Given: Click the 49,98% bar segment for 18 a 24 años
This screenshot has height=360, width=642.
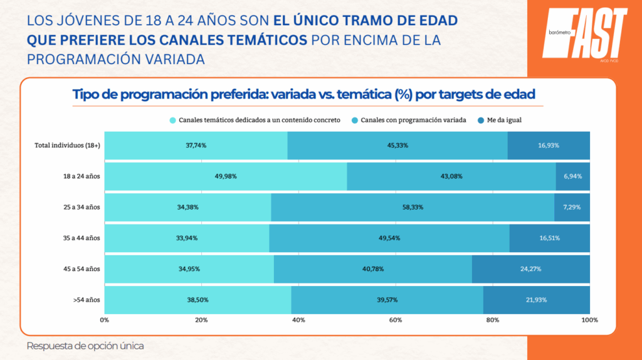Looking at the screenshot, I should (x=226, y=176).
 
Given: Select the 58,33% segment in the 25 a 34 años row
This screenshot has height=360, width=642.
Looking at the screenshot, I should (x=413, y=207).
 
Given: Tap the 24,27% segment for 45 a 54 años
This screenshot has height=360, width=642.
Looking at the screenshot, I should (x=530, y=268).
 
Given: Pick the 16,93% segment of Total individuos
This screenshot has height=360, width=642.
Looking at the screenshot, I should (x=549, y=146).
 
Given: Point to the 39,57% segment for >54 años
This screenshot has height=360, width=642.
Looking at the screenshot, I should (x=387, y=300).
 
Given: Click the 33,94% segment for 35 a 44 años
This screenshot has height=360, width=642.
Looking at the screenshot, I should (x=187, y=238).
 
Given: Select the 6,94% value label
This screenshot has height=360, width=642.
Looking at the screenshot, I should (x=572, y=176).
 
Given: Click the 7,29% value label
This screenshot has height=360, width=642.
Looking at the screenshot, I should (x=572, y=207).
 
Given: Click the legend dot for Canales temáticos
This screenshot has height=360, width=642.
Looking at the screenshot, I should (x=172, y=120).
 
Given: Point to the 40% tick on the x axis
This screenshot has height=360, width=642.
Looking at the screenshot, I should (x=298, y=320).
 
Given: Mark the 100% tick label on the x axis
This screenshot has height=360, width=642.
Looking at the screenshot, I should (x=589, y=320).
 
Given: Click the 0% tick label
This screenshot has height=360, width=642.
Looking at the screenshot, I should (x=105, y=320).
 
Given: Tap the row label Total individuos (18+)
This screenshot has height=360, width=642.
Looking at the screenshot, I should (x=67, y=146).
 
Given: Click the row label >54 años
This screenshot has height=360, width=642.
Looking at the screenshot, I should (x=87, y=300).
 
